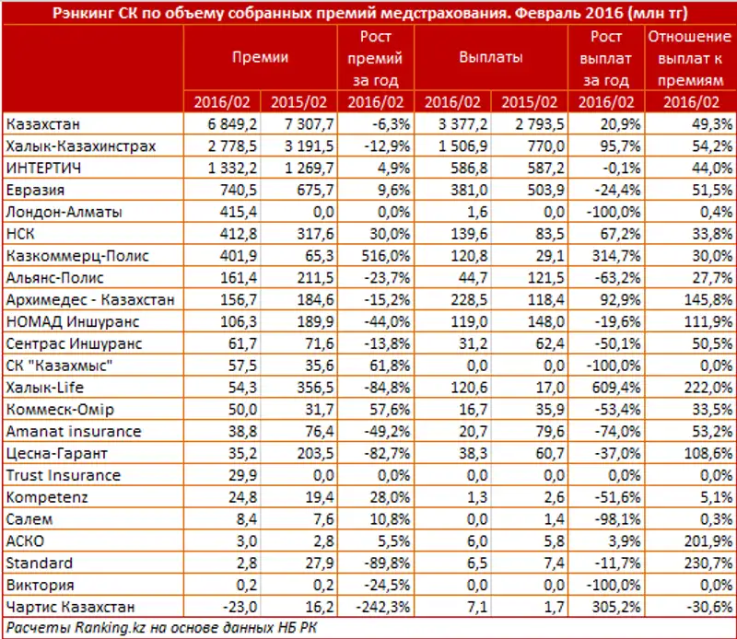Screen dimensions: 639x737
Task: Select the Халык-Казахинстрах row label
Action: [x=80, y=145]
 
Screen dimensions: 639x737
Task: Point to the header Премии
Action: [x=260, y=57]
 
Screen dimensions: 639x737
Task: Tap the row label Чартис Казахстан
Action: [x=70, y=608]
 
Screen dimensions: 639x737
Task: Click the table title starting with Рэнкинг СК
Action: [x=368, y=12]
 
